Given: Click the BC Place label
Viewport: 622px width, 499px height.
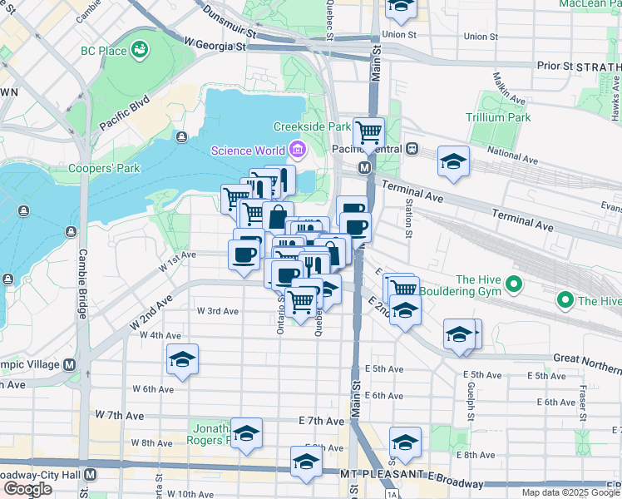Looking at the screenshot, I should tap(104, 51).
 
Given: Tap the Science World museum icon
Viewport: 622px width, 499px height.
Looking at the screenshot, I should tap(297, 150).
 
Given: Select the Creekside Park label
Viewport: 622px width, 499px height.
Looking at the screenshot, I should tap(312, 126).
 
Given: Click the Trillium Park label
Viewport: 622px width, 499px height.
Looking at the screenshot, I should tap(498, 117).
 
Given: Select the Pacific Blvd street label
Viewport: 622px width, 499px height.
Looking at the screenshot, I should tap(124, 111).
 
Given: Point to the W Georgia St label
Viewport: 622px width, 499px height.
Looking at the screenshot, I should tap(215, 42).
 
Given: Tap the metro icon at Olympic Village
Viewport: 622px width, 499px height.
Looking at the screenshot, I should tap(69, 364).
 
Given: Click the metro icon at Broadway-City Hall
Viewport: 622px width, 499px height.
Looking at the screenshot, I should tap(91, 474).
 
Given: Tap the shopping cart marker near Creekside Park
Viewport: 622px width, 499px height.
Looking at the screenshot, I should tap(368, 131).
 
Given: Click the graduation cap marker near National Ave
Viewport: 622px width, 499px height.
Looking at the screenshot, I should tap(453, 161).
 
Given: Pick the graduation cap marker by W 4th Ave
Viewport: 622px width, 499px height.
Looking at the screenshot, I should tap(182, 359).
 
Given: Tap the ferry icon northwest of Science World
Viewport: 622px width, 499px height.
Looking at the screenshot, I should tap(181, 136).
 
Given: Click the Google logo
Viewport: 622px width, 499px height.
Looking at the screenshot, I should tap(27, 489).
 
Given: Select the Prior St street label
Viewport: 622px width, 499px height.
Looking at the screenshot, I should tap(556, 64).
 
